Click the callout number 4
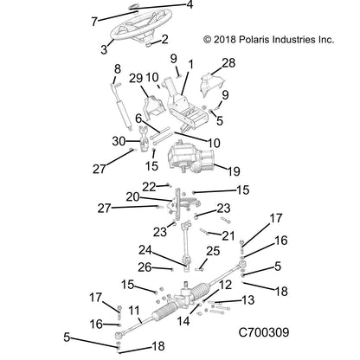191,6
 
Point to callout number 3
106,49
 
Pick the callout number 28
228,63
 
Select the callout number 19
233,170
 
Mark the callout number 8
118,68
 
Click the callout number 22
149,185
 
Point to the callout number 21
228,235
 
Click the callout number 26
146,266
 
